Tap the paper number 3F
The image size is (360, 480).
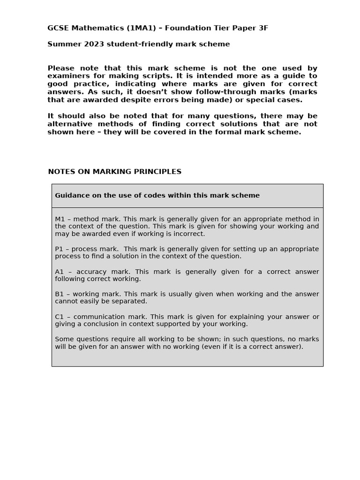(262, 28)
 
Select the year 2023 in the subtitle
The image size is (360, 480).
(90, 44)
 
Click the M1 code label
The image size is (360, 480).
(60, 219)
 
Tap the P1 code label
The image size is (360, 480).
(60, 249)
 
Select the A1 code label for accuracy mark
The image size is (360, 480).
(60, 271)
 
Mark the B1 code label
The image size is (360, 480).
(60, 294)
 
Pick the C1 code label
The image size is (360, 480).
(60, 316)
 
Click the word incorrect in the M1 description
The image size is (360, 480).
(188, 234)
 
